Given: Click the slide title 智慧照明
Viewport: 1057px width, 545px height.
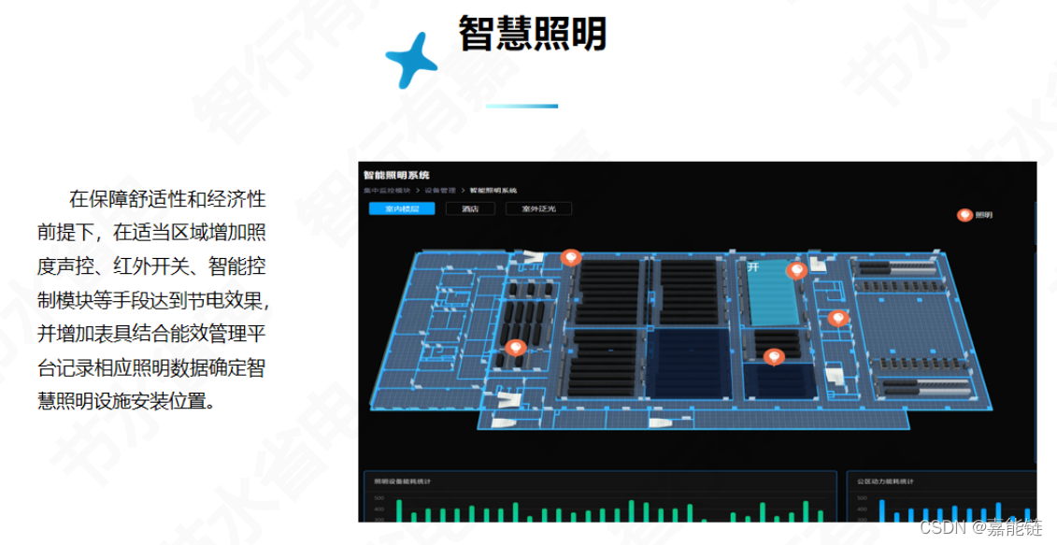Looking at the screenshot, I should coord(532,35).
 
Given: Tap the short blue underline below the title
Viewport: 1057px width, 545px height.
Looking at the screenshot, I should coord(521,106).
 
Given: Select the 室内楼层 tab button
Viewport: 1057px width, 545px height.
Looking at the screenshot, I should coord(401,209).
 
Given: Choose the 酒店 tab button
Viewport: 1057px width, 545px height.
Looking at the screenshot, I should coord(470,209).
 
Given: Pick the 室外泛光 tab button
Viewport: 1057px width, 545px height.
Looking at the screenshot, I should coord(538,209).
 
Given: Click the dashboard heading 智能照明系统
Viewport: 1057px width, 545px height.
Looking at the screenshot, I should coord(396,175).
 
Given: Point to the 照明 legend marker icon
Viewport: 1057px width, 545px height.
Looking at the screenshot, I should coord(964,215).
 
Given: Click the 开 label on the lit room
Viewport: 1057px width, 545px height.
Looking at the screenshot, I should coord(753,267).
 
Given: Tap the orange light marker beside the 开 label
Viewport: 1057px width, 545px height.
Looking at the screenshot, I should coord(796,271).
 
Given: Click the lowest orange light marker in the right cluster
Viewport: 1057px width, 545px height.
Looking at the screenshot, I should coord(773,357).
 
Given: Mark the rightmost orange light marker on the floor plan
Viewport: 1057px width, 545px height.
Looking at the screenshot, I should coord(837,319).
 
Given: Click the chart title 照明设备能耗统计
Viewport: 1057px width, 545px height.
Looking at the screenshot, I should coord(401,482).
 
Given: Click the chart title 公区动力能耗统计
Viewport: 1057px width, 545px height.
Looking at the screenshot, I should coord(885,482).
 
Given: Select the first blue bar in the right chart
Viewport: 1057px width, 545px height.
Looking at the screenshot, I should coord(881,510).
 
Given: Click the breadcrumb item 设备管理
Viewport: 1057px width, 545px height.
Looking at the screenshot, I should coord(440,191).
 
